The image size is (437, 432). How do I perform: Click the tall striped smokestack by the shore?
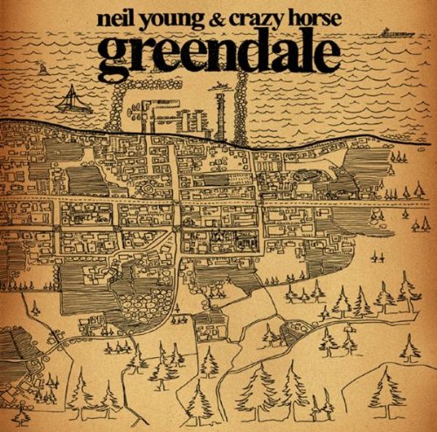click(x=220, y=118)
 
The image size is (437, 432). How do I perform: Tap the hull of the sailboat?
click(x=73, y=108)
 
